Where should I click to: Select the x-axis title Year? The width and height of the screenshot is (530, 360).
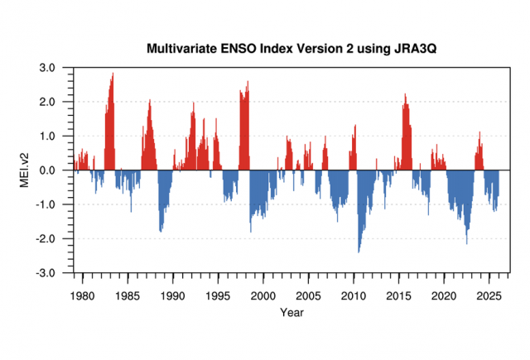point(291,312)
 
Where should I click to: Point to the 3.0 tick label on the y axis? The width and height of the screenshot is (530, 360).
point(47,67)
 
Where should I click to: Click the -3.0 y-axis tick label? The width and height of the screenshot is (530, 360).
point(46,272)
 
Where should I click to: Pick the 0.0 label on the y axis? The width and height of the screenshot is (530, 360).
point(47,170)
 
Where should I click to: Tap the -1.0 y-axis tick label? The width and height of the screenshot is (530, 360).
point(46,204)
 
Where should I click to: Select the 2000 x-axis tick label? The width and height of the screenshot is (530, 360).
point(263,295)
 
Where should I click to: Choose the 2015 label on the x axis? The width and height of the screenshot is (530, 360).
point(399,295)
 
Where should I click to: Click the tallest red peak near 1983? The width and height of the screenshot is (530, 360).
point(113,74)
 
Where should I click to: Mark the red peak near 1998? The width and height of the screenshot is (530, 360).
point(248,81)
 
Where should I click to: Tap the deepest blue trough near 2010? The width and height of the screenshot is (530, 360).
point(359,252)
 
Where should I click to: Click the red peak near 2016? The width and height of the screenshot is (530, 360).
point(405,94)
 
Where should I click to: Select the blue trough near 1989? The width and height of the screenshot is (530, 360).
point(161,231)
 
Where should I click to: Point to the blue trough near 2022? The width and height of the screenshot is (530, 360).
point(467,242)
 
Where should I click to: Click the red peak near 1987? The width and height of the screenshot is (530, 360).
point(150,100)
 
